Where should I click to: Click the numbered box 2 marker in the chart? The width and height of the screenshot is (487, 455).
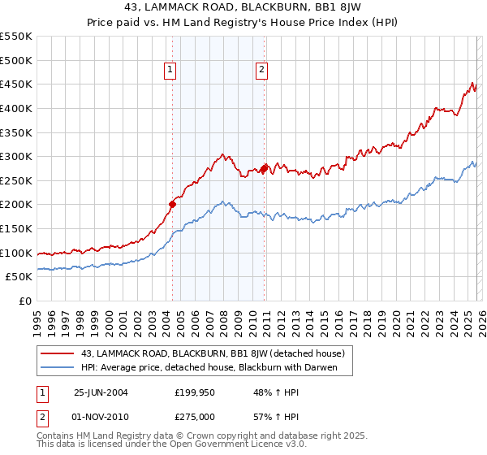point(262,71)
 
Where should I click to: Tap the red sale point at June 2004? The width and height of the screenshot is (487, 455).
point(172,205)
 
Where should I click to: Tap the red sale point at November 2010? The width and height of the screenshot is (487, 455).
point(264,168)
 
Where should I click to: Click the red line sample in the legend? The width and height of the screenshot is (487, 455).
point(57,353)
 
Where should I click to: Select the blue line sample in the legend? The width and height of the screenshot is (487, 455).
point(57,368)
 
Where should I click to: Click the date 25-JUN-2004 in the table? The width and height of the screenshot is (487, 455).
point(101,392)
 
